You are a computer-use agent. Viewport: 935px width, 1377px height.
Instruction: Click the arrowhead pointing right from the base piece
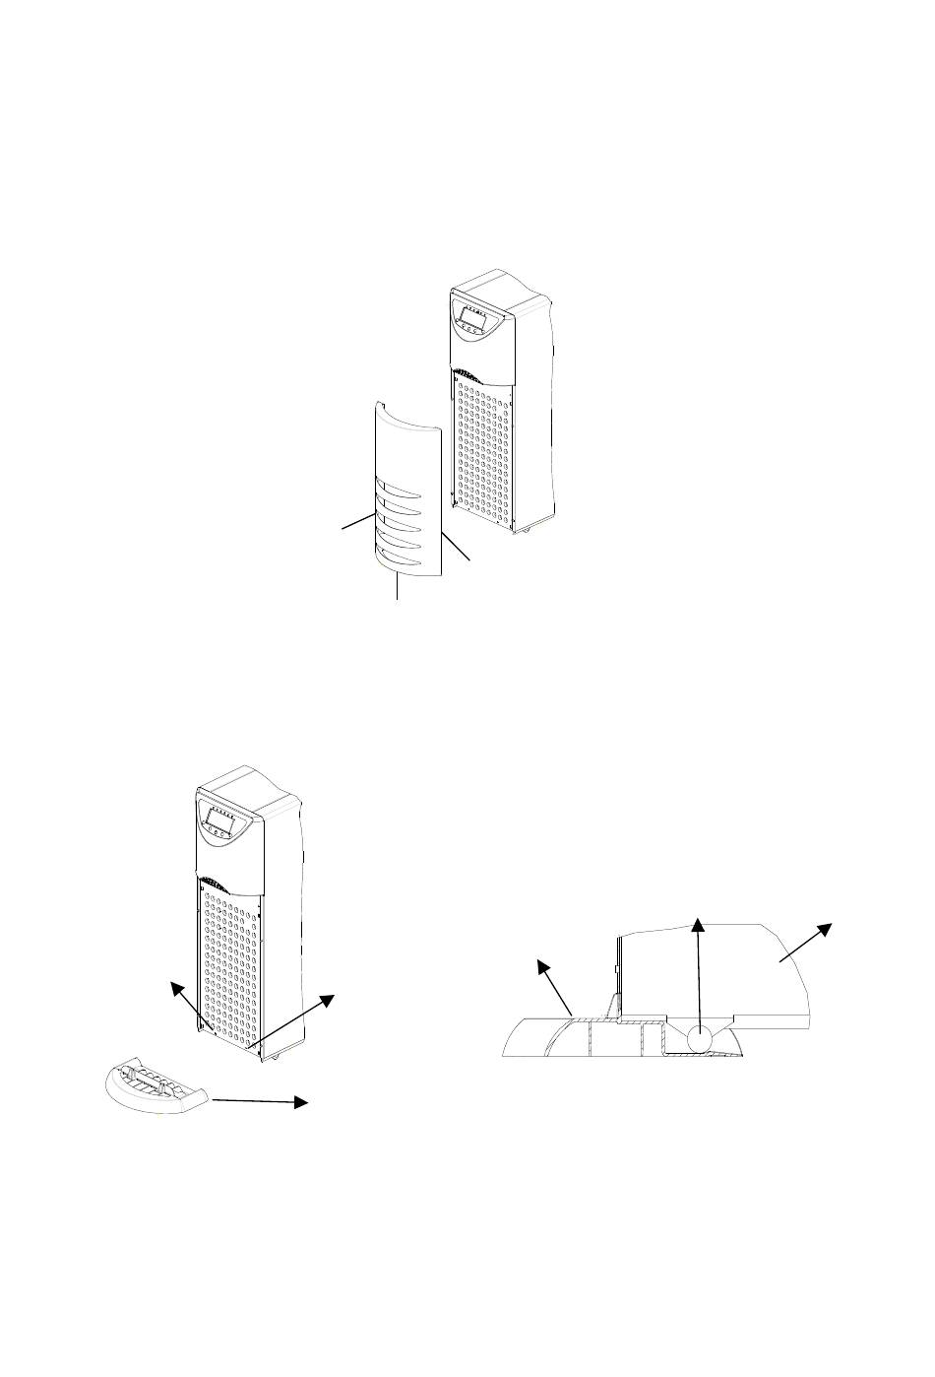click(x=302, y=1103)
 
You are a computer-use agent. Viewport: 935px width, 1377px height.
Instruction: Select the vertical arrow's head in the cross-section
click(x=698, y=924)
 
